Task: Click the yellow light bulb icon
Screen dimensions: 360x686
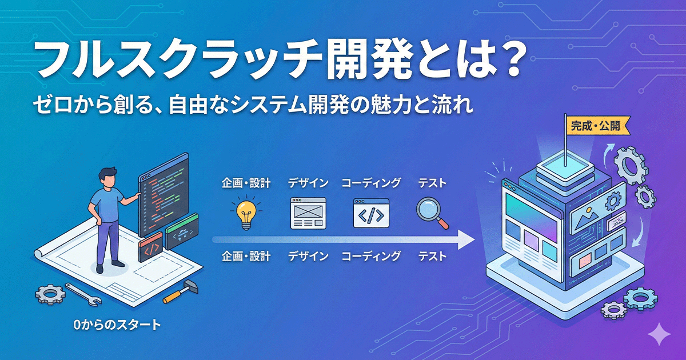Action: (x=245, y=213)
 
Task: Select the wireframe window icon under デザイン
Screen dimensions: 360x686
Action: (x=308, y=213)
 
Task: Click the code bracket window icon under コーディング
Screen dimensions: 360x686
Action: (x=370, y=213)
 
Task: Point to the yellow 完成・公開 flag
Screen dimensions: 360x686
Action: (x=595, y=125)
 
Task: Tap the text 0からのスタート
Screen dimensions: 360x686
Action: (x=117, y=325)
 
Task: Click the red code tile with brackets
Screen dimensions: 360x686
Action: (x=151, y=249)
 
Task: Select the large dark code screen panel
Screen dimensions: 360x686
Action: (x=163, y=194)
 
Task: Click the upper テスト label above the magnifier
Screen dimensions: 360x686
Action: (x=432, y=183)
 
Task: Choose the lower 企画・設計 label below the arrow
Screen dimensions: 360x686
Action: (x=246, y=256)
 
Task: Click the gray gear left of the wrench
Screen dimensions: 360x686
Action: (x=50, y=294)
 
